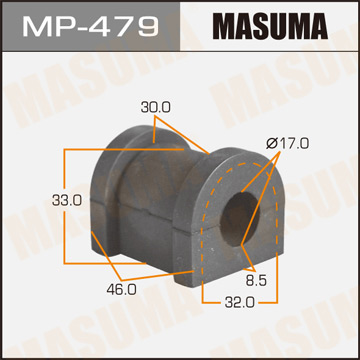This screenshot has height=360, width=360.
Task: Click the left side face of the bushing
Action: [110, 200]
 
